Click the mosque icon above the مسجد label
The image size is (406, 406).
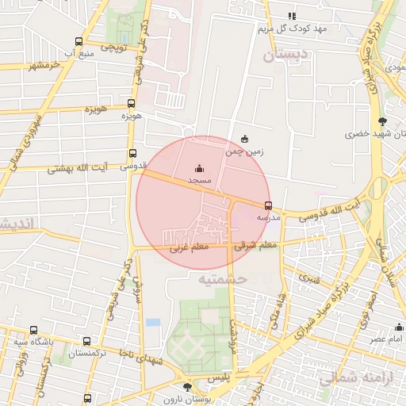tap(198, 168)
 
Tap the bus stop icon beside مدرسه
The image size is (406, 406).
tap(268, 205)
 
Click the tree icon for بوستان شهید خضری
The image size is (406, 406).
tap(383, 121)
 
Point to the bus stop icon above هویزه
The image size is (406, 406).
tap(132, 103)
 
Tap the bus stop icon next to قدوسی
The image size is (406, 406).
tap(132, 154)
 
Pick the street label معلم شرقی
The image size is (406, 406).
tap(255, 247)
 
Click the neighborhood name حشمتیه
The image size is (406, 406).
tap(223, 279)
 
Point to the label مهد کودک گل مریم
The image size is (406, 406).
tap(292, 29)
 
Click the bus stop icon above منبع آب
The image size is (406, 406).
tap(78, 41)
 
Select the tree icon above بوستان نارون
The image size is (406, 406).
tap(186, 387)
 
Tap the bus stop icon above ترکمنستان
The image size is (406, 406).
tap(86, 341)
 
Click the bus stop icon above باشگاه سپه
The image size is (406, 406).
tap(33, 330)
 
